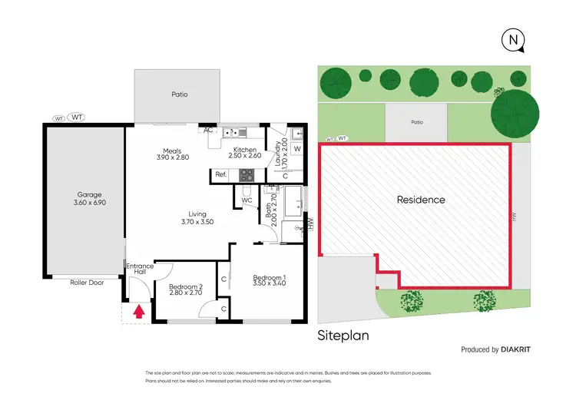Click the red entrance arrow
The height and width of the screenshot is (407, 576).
(x=139, y=311)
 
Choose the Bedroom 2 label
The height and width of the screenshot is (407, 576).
(x=184, y=288)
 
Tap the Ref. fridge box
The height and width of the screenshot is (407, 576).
(x=221, y=175)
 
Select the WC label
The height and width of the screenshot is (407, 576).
(x=247, y=200)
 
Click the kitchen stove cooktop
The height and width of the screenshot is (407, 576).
(x=247, y=174)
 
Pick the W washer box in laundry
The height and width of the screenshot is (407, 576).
(x=296, y=148)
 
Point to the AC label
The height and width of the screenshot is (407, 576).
(x=207, y=130)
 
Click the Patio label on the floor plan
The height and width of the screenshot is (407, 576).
(x=179, y=94)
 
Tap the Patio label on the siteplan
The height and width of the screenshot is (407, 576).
(x=416, y=121)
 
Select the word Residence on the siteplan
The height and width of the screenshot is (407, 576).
(x=420, y=200)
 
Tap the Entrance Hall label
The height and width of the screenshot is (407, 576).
(x=139, y=270)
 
